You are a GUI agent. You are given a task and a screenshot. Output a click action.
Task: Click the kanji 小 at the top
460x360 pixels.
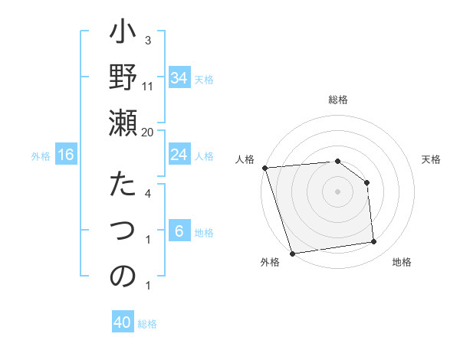coord(123,34)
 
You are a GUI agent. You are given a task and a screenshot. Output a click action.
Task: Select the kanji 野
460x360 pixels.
coord(123,77)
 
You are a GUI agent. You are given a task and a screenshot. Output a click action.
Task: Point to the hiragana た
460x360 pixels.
coord(123,186)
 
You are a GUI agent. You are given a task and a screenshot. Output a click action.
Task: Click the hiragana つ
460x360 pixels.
coord(123,231)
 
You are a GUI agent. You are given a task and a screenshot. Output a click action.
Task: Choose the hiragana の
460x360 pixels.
coord(123,275)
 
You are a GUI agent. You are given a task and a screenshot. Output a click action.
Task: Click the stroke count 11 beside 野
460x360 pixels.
coord(148,86)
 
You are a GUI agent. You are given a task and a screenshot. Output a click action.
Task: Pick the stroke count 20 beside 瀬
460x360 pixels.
coord(148,132)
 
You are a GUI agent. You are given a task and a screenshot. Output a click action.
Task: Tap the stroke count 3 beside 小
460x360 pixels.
coord(148,40)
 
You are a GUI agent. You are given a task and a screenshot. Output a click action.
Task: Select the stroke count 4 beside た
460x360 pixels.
coord(148,194)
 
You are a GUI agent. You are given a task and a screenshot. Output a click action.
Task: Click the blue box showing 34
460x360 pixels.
coord(179,78)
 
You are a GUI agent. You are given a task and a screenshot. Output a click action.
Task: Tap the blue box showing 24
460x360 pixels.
coord(179,155)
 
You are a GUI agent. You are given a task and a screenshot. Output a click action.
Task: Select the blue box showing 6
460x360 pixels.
coord(179,231)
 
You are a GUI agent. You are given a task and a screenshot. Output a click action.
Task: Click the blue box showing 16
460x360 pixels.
coord(66,155)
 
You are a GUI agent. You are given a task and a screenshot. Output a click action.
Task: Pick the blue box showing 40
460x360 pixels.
coord(123,322)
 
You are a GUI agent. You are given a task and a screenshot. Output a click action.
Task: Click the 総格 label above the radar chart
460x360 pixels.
coord(338,100)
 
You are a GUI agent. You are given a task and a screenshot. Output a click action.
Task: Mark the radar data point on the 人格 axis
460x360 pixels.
coord(264,168)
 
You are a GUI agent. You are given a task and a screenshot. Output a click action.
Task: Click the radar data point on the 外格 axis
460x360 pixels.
coord(292,254)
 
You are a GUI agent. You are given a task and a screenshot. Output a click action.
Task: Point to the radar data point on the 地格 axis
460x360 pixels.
coord(374,242)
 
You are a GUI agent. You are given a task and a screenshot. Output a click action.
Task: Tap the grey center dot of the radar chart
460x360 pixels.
coord(337,191)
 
